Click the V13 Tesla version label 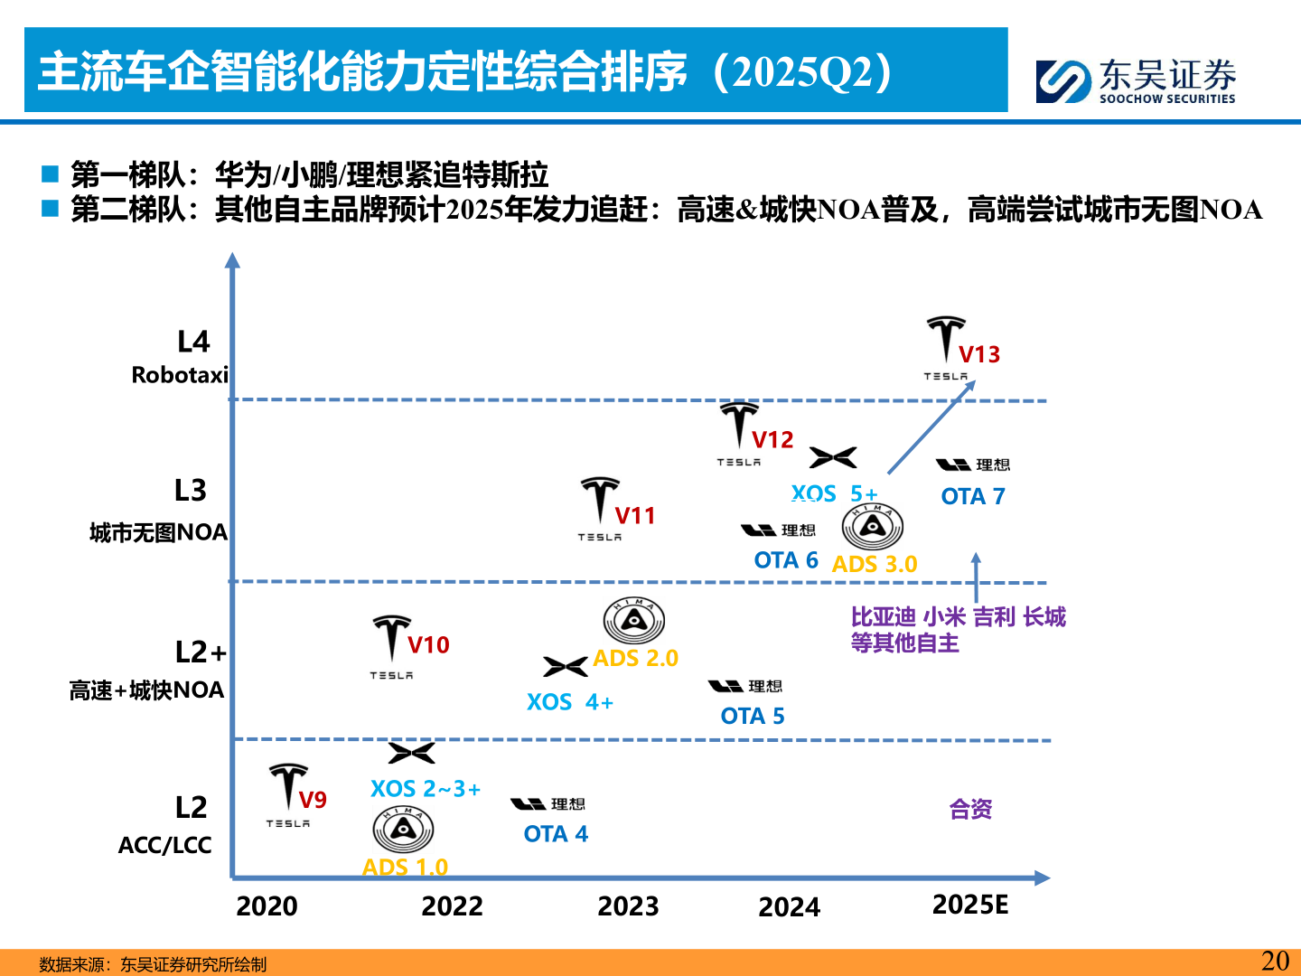(x=979, y=354)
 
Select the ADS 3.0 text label (x=874, y=564)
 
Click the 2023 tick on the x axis (x=628, y=906)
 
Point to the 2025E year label (x=970, y=904)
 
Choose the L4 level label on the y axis (x=193, y=342)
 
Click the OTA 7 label (x=973, y=496)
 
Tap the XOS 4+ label (x=570, y=702)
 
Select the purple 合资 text (x=970, y=809)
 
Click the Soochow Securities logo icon (x=1063, y=81)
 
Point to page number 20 (x=1275, y=961)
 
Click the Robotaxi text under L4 (x=180, y=375)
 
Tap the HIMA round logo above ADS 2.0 (x=634, y=621)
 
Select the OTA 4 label (x=556, y=834)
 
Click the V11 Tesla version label (x=635, y=516)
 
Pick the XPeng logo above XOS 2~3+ (x=411, y=753)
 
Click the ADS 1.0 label (x=405, y=868)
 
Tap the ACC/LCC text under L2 (x=165, y=845)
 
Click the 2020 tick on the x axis (x=267, y=906)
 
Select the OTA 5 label (x=753, y=716)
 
